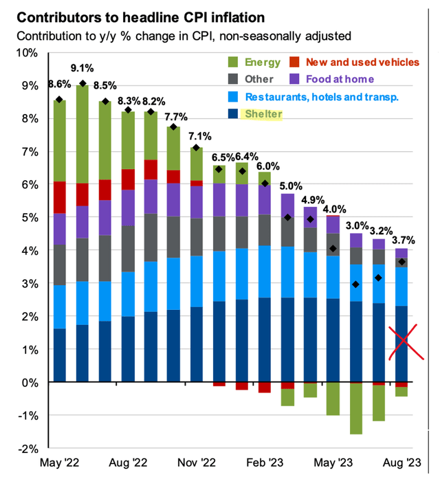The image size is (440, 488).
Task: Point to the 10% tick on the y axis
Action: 31,53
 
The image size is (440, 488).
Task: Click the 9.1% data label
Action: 82,69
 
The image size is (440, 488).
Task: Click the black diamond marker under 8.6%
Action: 60,100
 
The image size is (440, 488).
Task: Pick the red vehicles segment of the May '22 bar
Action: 60,197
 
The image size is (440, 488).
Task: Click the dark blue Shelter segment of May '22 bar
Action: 60,355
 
